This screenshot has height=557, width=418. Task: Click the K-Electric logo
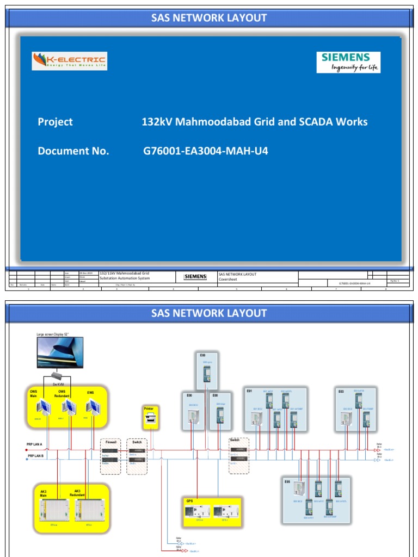pos(69,61)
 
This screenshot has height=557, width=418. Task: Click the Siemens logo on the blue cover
pos(348,62)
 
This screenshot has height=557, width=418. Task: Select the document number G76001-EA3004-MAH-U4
pos(205,151)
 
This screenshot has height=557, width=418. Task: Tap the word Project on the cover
pos(55,122)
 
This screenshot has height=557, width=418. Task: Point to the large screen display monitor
pos(60,352)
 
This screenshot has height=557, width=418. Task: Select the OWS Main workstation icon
pos(40,407)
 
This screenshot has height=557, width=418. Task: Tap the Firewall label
pos(111,442)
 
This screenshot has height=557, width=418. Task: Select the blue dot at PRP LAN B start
pos(27,459)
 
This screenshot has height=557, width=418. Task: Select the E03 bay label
pos(341,391)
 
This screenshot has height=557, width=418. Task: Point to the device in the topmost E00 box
pos(207,374)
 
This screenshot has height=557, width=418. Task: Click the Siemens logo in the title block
pos(195,276)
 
